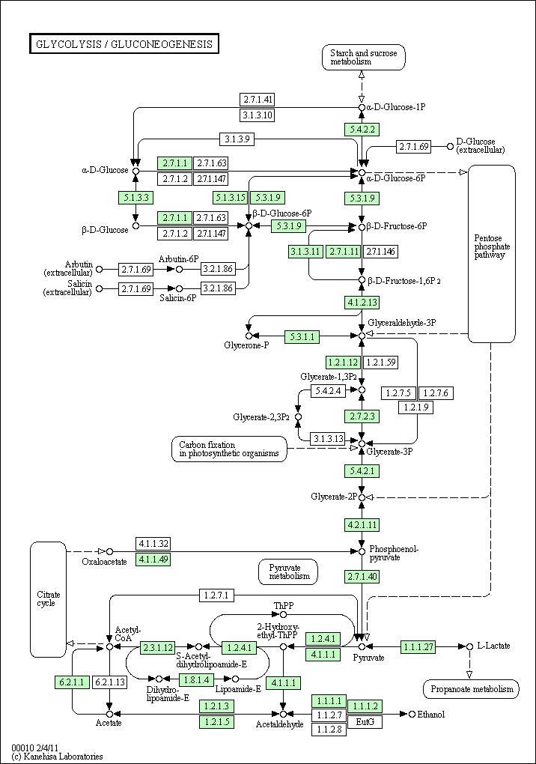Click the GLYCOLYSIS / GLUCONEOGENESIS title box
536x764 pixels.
click(x=124, y=44)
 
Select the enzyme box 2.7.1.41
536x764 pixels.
click(x=257, y=99)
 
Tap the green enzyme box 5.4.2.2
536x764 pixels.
click(x=361, y=129)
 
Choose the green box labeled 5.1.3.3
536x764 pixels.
click(x=135, y=198)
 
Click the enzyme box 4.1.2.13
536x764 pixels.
click(x=361, y=303)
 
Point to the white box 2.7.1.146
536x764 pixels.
click(x=380, y=252)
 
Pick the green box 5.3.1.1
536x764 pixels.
click(x=302, y=336)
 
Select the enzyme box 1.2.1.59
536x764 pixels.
click(x=381, y=363)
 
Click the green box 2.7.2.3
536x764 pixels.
click(x=361, y=416)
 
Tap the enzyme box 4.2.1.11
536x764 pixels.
click(x=361, y=524)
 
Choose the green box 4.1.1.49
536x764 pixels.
click(x=153, y=559)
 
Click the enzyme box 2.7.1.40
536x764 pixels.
click(x=361, y=576)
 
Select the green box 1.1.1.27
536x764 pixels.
click(x=418, y=646)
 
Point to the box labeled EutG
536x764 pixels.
click(x=365, y=721)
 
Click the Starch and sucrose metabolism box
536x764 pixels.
click(x=364, y=57)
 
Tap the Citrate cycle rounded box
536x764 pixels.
click(x=47, y=598)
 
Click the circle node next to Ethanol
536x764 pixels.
click(x=412, y=715)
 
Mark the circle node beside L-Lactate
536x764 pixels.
click(x=469, y=646)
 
